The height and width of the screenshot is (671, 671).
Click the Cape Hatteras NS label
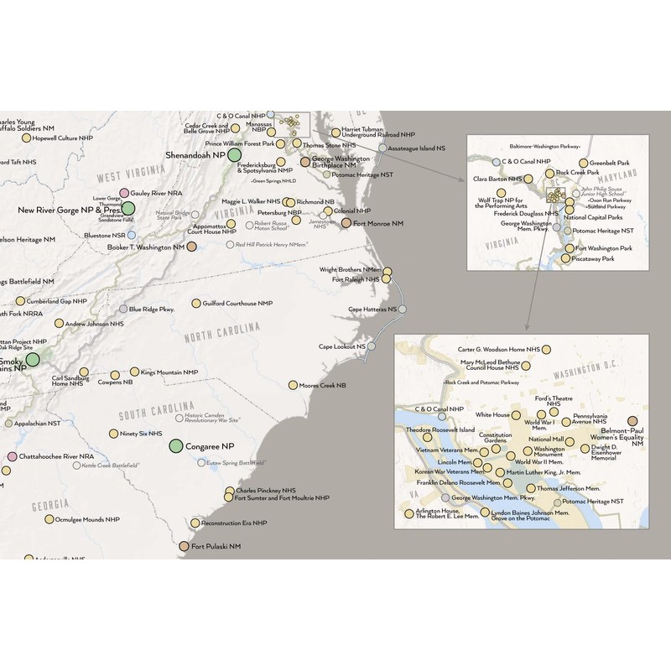click(x=372, y=309)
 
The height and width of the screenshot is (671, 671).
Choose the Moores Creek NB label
click(x=322, y=386)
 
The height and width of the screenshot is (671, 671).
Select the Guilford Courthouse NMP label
click(x=238, y=303)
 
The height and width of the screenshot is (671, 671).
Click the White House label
click(x=492, y=414)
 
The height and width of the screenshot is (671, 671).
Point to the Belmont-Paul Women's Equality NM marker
click(x=632, y=422)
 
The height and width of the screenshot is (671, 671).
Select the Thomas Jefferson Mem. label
click(x=569, y=488)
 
